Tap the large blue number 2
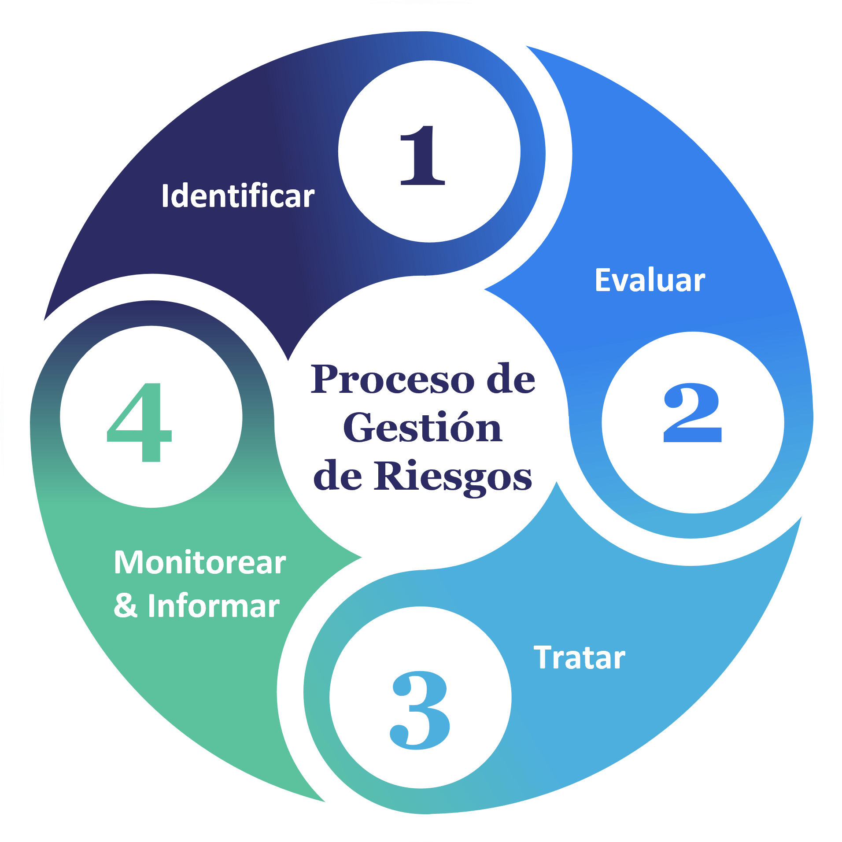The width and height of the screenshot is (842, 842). tap(692, 413)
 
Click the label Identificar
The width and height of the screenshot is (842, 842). tap(238, 196)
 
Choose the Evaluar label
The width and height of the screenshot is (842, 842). tap(650, 280)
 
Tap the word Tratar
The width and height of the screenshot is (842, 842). tap(580, 658)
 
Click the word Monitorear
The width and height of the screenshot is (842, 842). tap(200, 563)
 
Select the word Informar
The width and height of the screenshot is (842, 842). tap(214, 606)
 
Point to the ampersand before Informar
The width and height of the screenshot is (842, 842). tap(126, 606)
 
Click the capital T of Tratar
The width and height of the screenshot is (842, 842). tap(543, 657)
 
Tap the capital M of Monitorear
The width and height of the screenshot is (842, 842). tap(128, 562)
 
